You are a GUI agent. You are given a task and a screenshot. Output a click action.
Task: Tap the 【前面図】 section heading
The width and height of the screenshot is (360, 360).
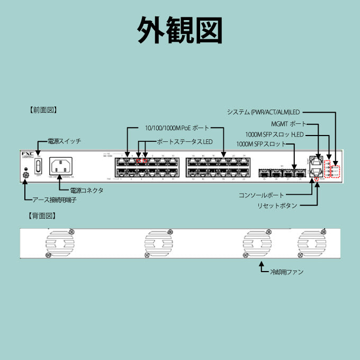pyautogui.click(x=43, y=111)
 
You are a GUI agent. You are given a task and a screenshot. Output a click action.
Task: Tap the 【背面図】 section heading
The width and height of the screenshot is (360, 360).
pyautogui.click(x=43, y=216)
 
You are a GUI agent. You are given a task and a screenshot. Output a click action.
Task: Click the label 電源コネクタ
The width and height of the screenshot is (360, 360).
pyautogui.click(x=86, y=190)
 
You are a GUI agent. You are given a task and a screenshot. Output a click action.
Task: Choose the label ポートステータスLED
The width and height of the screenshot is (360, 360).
pyautogui.click(x=184, y=142)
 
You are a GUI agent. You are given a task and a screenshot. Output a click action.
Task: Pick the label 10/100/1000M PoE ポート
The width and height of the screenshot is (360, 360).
pyautogui.click(x=176, y=128)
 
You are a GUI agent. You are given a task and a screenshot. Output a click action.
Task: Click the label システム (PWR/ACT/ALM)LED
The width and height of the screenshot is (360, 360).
pyautogui.click(x=263, y=112)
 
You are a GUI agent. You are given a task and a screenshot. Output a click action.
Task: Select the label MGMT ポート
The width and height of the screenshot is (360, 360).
pyautogui.click(x=289, y=124)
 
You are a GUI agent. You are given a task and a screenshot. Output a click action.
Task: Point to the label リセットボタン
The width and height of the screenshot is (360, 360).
pyautogui.click(x=277, y=205)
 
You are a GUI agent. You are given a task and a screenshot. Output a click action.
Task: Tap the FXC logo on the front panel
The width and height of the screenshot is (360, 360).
pyautogui.click(x=28, y=154)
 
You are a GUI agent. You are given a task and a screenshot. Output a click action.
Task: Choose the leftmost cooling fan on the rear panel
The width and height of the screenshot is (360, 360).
pyautogui.click(x=59, y=244)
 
